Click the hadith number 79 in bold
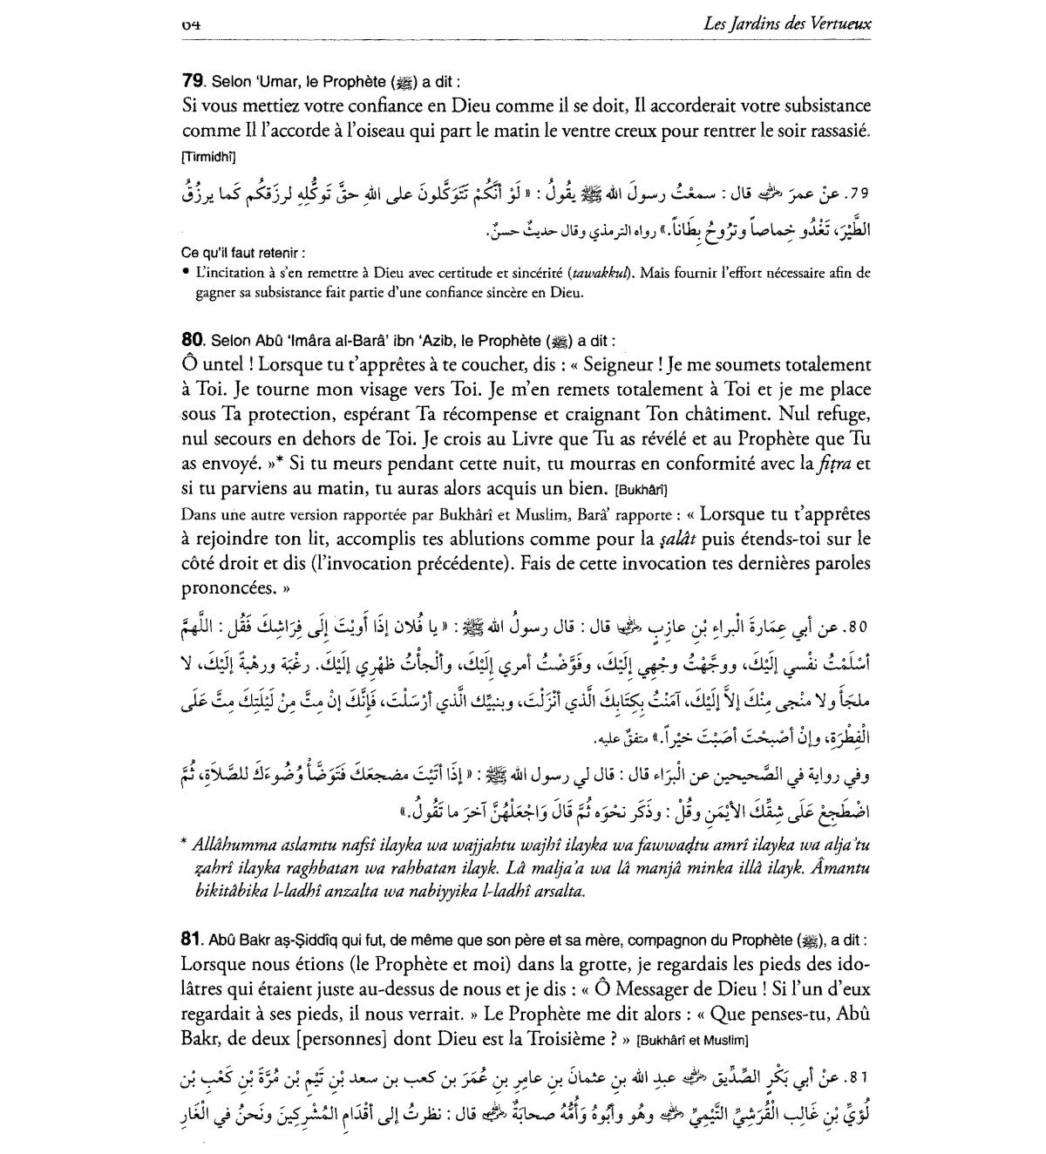192,82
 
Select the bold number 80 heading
192,341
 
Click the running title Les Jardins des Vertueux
787,24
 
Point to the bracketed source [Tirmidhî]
208,157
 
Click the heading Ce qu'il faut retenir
243,253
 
